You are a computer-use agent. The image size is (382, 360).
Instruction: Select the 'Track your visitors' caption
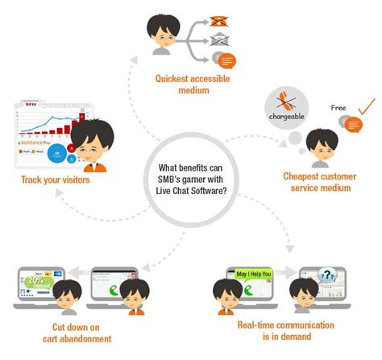coord(55,180)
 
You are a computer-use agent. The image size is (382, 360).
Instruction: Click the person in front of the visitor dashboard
coord(87,145)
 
